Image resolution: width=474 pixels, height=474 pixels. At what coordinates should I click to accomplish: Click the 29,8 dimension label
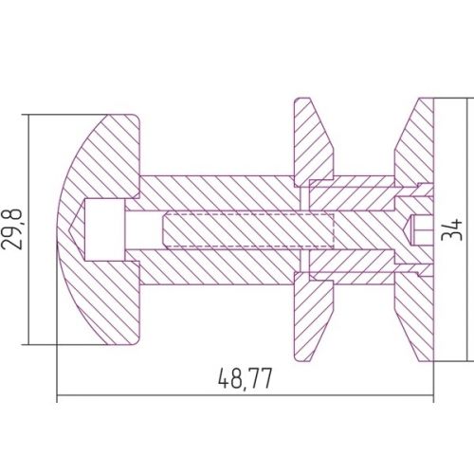12,229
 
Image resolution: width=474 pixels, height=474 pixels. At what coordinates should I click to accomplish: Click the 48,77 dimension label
245,378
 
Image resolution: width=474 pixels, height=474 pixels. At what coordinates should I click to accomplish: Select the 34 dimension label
451,229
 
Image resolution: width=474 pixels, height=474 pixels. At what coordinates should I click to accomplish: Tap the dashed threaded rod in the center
248,229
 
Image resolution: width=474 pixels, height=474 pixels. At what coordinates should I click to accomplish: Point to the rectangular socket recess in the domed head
104,229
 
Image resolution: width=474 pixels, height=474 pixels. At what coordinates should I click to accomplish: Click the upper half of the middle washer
313,142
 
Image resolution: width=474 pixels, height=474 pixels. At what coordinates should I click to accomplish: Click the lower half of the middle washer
313,317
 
